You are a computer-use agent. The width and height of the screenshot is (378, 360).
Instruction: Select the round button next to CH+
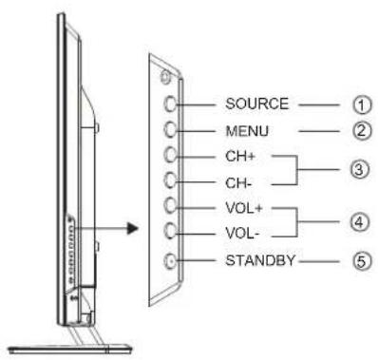168,154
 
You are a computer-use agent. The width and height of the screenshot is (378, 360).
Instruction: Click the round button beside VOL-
168,231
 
